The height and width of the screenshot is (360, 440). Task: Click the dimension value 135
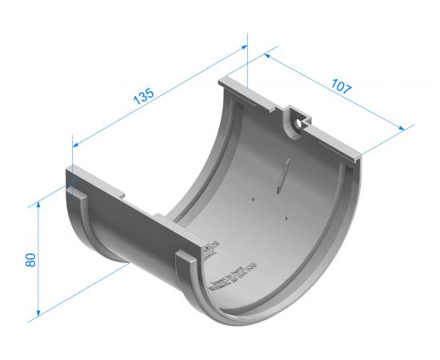click(143, 96)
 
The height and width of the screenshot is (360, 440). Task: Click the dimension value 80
click(30, 260)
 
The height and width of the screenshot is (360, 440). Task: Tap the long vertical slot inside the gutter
click(280, 177)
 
